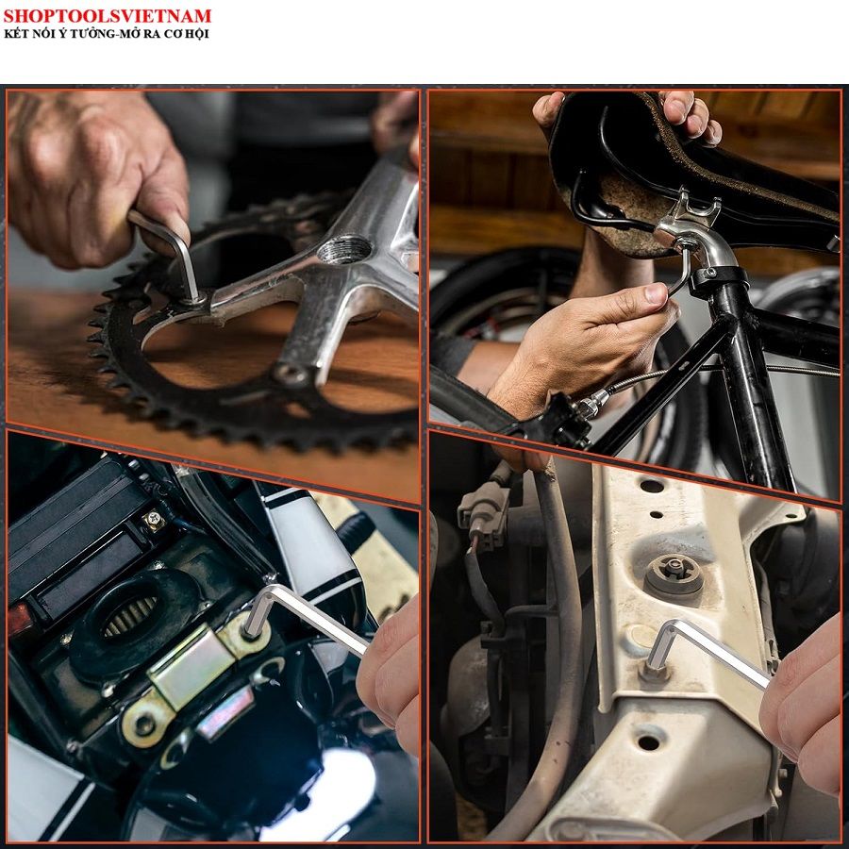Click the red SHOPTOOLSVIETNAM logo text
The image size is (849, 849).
coord(108,15)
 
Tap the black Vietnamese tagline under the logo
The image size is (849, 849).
coord(106,34)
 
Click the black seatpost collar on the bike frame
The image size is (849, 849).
coord(719,280)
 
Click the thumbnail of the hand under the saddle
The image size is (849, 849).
coord(656,293)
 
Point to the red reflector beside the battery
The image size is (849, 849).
coord(20,619)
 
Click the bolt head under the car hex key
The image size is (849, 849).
coord(654,673)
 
